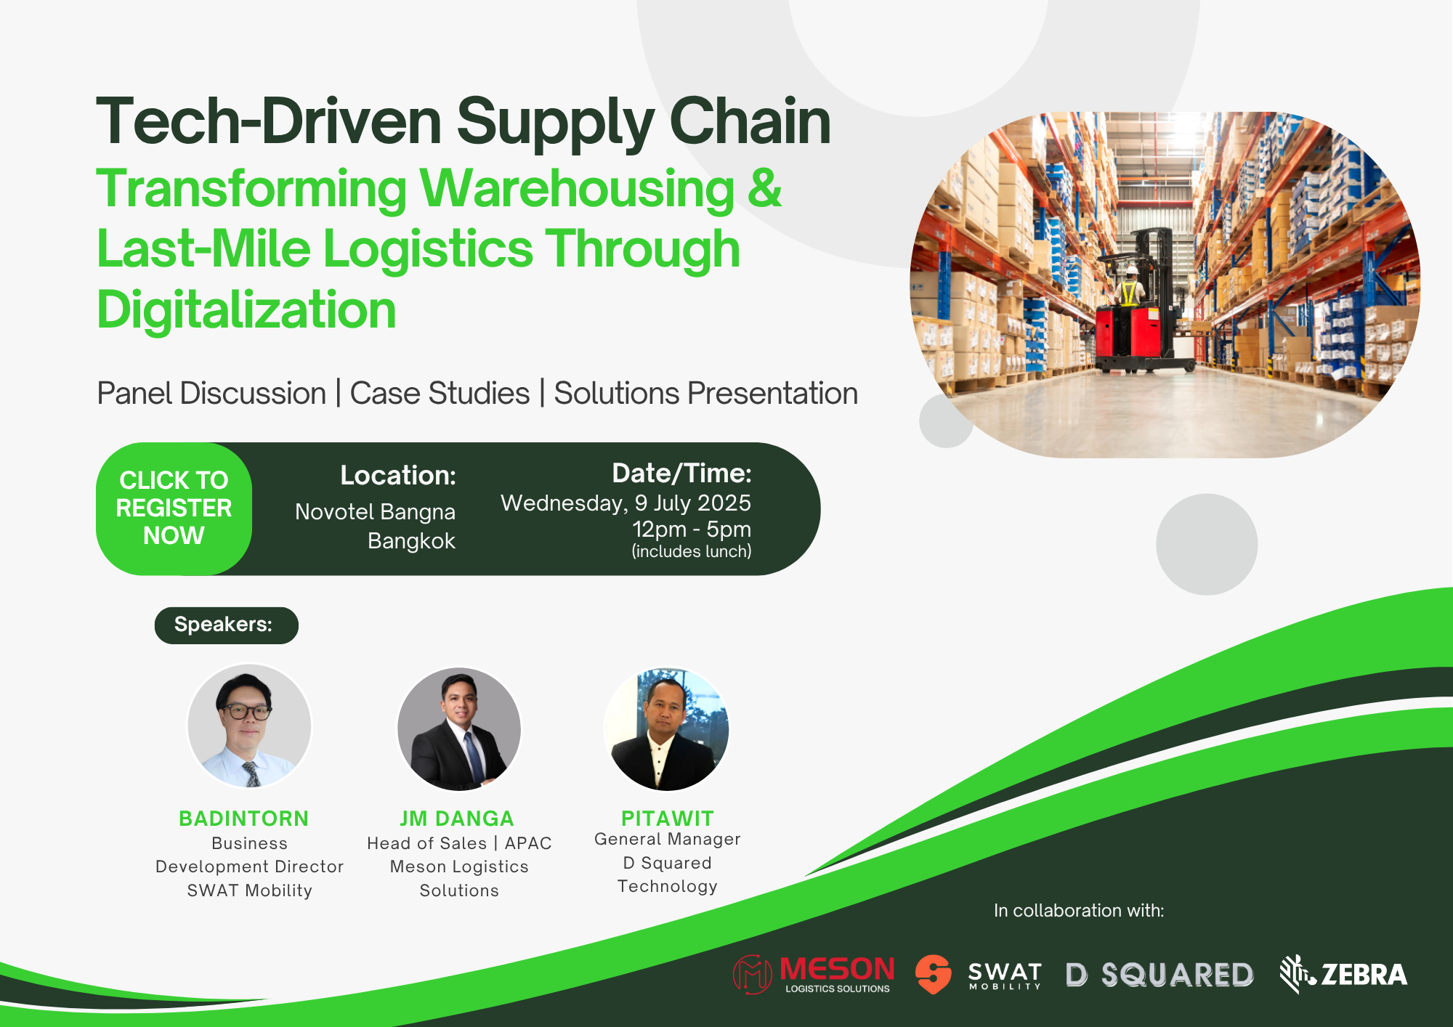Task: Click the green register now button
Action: pyautogui.click(x=174, y=508)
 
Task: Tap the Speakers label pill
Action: pyautogui.click(x=226, y=625)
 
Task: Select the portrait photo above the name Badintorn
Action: pyautogui.click(x=249, y=726)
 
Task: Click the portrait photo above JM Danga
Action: pyautogui.click(x=459, y=728)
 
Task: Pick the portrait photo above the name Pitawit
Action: pyautogui.click(x=666, y=728)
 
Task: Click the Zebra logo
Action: pyautogui.click(x=1343, y=974)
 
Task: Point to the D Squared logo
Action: pyautogui.click(x=1159, y=975)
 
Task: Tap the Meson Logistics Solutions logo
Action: pyautogui.click(x=814, y=974)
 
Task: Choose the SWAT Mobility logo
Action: pyautogui.click(x=978, y=974)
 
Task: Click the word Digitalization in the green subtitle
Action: pyautogui.click(x=246, y=310)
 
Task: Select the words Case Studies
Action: pyautogui.click(x=440, y=394)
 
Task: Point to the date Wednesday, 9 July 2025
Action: pyautogui.click(x=626, y=503)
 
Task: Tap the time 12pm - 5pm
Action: pyautogui.click(x=692, y=529)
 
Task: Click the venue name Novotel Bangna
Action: pyautogui.click(x=375, y=512)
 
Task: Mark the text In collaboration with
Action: pyautogui.click(x=1079, y=910)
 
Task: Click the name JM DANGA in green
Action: pyautogui.click(x=457, y=819)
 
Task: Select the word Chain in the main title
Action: pyautogui.click(x=750, y=121)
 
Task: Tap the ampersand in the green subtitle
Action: pyautogui.click(x=764, y=188)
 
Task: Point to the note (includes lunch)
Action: pyautogui.click(x=692, y=551)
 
